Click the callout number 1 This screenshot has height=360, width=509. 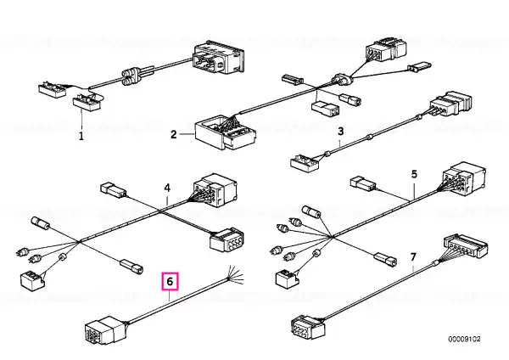(81, 136)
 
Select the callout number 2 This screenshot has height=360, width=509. (173, 134)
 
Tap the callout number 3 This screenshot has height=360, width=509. (340, 131)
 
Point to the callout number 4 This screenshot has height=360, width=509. (167, 187)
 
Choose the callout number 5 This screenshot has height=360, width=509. (414, 174)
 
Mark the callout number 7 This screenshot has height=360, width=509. (413, 256)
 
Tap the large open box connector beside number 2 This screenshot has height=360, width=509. (222, 132)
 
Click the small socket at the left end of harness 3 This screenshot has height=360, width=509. (302, 159)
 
